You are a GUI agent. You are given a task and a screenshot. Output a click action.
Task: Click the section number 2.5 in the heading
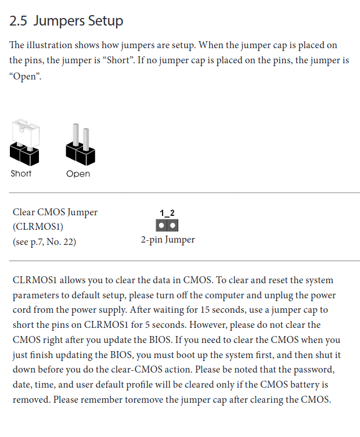pos(18,21)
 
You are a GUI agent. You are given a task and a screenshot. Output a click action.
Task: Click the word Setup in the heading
pos(106,21)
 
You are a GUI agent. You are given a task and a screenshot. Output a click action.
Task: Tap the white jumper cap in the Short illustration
pos(26,133)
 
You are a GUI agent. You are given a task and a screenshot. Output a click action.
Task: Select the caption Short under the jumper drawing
pos(21,174)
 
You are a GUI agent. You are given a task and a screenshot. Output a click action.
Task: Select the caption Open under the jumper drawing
pos(78,174)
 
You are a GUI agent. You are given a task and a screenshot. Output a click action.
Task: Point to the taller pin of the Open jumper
pos(75,135)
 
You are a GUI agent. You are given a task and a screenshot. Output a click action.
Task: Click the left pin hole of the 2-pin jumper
pos(161,225)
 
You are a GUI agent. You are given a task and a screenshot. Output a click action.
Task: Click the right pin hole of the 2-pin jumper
pos(172,225)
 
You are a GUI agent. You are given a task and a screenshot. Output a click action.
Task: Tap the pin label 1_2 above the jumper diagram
pos(167,213)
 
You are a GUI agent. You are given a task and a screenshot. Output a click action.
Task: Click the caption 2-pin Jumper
pos(168,240)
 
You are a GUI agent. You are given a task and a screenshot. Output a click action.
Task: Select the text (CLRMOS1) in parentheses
pos(38,226)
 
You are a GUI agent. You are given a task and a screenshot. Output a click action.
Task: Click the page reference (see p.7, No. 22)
pos(44,241)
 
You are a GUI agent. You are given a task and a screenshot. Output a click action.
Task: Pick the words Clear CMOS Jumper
pos(55,212)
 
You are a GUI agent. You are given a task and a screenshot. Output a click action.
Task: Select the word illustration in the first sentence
pos(49,45)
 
